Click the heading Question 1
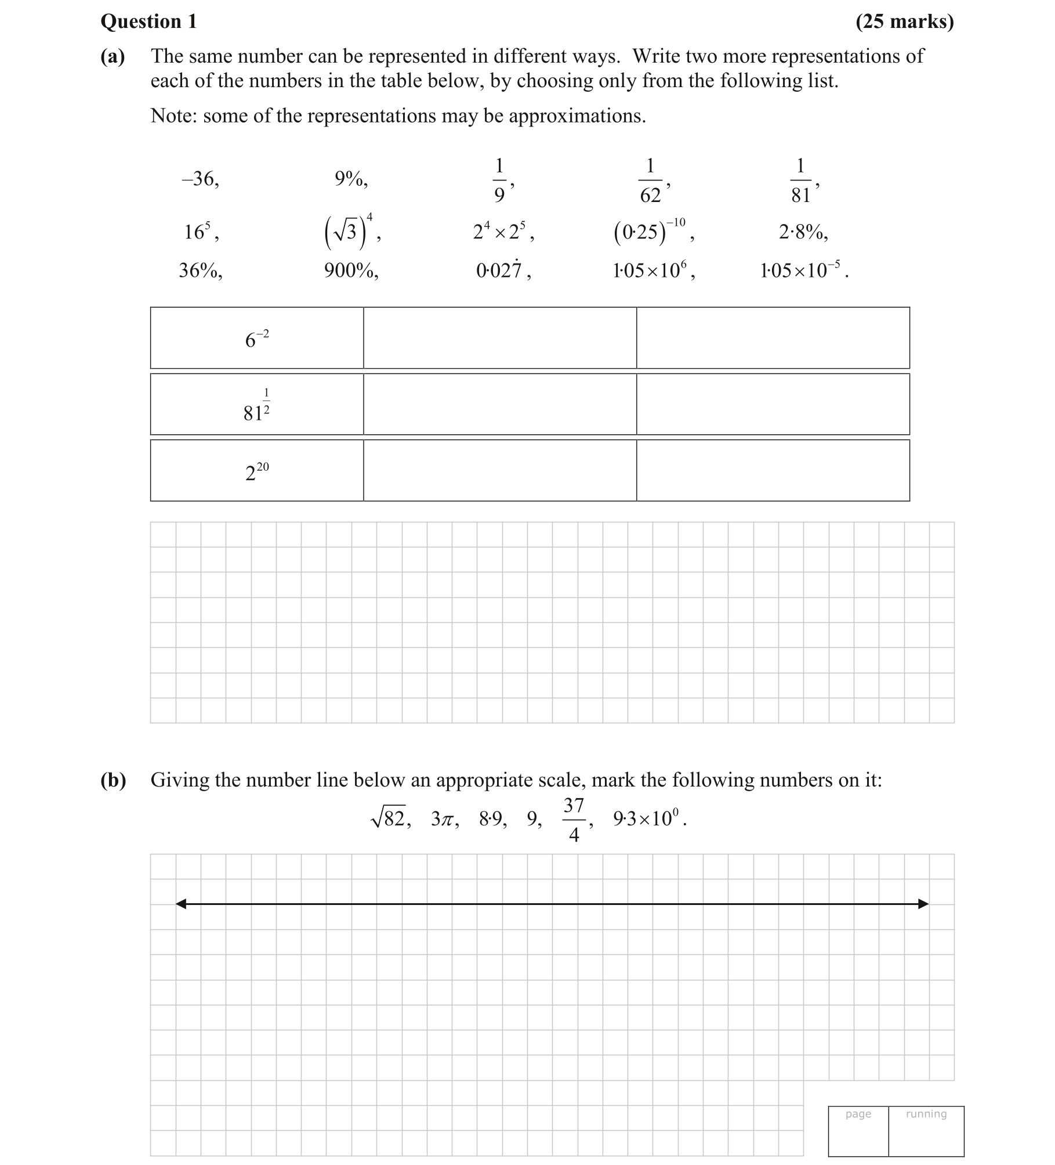148,22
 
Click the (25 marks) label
904,22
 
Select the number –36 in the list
200,179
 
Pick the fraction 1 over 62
650,180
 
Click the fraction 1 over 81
800,180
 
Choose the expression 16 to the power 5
200,232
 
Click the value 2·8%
803,232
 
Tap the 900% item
351,270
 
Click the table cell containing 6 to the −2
257,338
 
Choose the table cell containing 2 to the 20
257,471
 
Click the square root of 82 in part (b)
390,819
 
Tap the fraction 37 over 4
574,820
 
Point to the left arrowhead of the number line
182,904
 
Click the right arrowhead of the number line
923,904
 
